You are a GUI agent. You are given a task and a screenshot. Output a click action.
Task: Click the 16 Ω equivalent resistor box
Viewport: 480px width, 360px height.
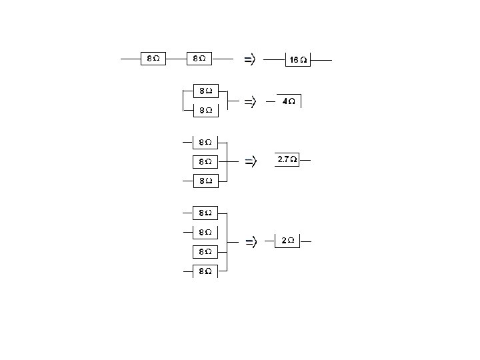tap(298, 60)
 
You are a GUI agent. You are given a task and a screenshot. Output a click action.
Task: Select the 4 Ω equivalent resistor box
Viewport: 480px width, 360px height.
tap(289, 101)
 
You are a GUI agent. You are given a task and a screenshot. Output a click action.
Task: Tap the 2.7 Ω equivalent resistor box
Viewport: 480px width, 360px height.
tap(287, 160)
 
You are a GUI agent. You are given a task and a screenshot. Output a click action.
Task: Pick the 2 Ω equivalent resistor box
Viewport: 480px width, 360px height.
tap(287, 240)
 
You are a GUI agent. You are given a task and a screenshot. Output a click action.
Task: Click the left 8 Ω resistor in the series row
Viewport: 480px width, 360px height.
tap(153, 59)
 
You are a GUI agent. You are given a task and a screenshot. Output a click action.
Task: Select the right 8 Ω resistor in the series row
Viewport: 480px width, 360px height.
tap(199, 59)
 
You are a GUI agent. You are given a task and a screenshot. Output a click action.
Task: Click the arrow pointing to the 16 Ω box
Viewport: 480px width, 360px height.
tap(249, 60)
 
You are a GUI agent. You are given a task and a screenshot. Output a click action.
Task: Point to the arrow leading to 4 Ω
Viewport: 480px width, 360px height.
tap(249, 102)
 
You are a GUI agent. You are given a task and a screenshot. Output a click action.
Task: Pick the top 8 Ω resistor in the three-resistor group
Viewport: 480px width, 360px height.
tap(205, 142)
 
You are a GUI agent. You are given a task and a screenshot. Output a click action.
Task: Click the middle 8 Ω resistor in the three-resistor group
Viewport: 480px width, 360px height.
tap(205, 161)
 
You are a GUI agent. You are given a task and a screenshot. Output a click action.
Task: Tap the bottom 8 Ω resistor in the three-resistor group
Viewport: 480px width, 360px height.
tap(205, 181)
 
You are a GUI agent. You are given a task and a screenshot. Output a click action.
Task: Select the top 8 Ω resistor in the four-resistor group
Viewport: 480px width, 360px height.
tap(205, 213)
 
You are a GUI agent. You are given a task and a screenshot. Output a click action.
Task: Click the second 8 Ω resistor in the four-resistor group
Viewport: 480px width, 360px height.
tap(205, 232)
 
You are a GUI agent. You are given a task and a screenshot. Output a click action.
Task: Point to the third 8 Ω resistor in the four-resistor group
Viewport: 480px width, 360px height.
tap(205, 251)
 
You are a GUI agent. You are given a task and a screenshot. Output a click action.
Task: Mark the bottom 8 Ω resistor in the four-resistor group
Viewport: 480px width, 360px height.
tap(205, 271)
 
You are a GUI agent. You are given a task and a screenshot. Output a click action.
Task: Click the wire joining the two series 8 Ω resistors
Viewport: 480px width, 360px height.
tap(176, 59)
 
